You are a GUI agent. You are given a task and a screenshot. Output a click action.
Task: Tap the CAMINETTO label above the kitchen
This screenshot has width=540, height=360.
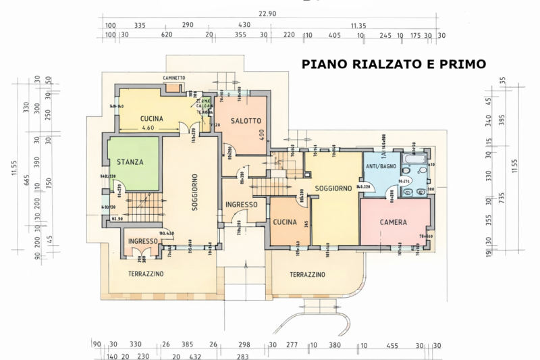pyautogui.click(x=173, y=78)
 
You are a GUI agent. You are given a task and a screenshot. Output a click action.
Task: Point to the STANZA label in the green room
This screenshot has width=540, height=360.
pyautogui.click(x=130, y=162)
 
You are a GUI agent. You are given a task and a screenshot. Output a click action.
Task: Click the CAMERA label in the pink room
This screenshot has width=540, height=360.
pyautogui.click(x=393, y=222)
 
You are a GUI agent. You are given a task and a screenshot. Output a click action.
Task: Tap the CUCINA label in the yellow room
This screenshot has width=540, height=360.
pyautogui.click(x=152, y=118)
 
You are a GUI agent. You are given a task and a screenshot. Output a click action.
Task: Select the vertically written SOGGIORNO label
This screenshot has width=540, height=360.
pyautogui.click(x=194, y=190)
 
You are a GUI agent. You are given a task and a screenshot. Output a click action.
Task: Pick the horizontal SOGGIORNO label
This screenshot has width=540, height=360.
pyautogui.click(x=333, y=188)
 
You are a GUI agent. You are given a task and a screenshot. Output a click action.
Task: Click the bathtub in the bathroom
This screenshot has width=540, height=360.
pyautogui.click(x=414, y=159)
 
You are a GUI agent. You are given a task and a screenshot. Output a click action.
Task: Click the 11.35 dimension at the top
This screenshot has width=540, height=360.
pyautogui.click(x=358, y=25)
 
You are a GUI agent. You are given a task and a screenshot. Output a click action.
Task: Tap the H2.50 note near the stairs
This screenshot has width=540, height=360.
pyautogui.click(x=117, y=218)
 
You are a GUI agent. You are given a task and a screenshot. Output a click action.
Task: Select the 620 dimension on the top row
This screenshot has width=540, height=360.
pyautogui.click(x=167, y=34)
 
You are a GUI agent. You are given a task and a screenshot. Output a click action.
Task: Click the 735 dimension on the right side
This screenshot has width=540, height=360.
pyautogui.click(x=502, y=196)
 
